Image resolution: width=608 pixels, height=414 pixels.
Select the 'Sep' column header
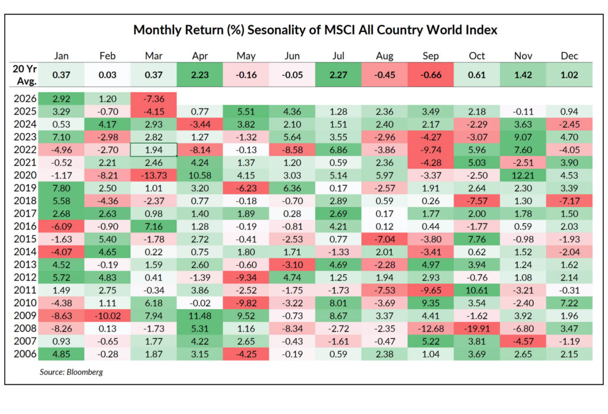[430, 56]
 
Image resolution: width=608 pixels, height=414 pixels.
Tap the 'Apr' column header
[199, 56]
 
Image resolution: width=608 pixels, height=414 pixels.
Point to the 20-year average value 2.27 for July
[338, 75]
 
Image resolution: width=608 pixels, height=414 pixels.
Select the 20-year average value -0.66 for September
[430, 75]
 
